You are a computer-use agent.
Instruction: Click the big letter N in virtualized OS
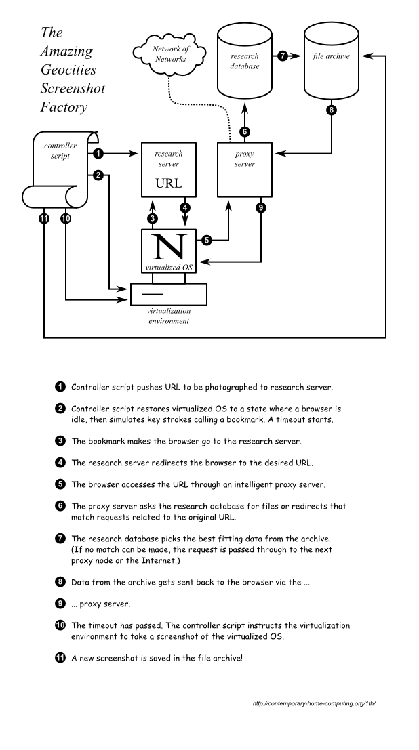tap(169, 247)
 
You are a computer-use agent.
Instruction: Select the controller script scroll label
tap(60, 150)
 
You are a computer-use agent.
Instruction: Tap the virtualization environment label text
tap(168, 316)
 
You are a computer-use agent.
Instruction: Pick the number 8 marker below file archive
tap(331, 111)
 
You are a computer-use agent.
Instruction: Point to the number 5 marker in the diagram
tap(207, 239)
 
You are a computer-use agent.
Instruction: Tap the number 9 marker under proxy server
tap(261, 207)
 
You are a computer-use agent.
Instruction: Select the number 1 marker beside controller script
tap(99, 153)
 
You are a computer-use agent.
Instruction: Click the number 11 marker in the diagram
tap(44, 218)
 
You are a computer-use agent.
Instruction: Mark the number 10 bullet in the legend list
tap(60, 625)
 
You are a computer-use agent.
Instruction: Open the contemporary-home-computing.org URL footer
tap(313, 703)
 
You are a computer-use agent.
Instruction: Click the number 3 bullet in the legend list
tap(60, 441)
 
